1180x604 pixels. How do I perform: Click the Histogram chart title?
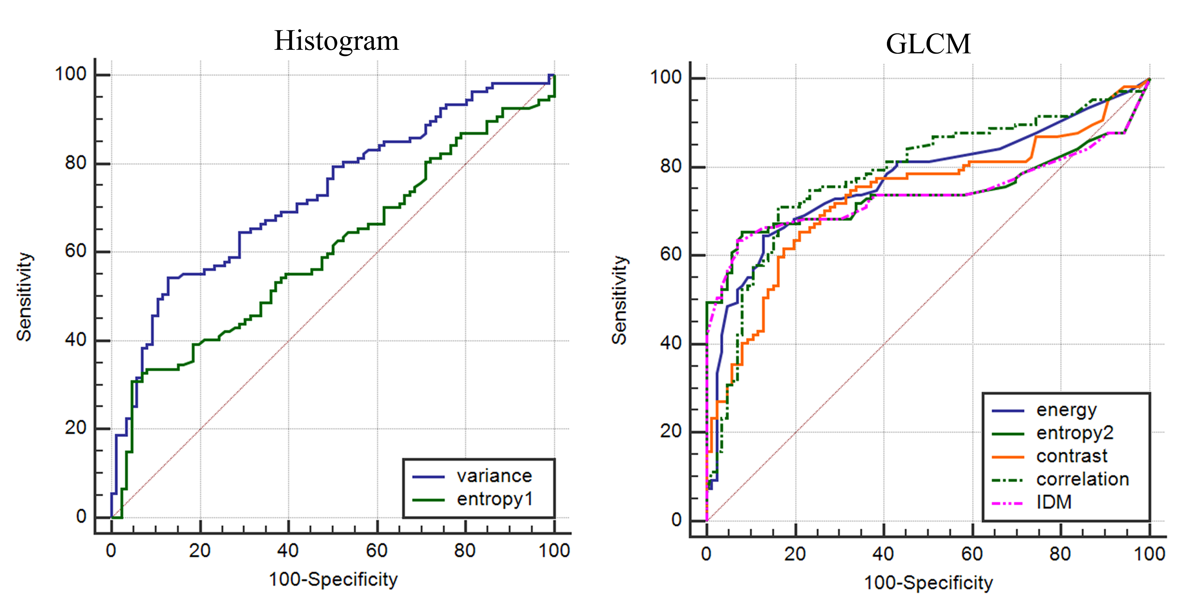click(336, 41)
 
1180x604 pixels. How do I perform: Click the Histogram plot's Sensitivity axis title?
click(24, 297)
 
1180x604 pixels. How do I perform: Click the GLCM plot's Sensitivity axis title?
click(620, 300)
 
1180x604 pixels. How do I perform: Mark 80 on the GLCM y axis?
click(671, 166)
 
